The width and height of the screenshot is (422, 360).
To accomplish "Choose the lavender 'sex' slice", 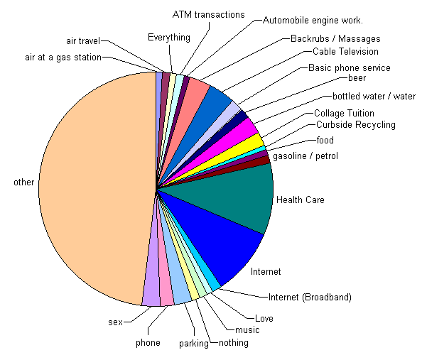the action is [151, 288].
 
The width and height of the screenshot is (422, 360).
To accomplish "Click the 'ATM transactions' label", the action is [209, 14].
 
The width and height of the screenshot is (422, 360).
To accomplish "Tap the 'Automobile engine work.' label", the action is [313, 21].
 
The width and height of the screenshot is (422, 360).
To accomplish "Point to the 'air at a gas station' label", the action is [63, 58].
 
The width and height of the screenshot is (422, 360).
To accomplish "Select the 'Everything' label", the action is [169, 38].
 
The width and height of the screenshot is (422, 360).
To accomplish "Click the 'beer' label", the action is [357, 78].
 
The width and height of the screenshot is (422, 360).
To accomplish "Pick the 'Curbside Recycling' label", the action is [356, 125].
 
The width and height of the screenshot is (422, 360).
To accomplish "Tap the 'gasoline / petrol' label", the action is [305, 156].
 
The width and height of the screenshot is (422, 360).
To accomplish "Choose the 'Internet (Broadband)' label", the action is [310, 298].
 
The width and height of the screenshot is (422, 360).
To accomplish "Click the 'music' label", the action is [247, 330].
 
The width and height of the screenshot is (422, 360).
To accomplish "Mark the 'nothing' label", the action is [234, 343].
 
